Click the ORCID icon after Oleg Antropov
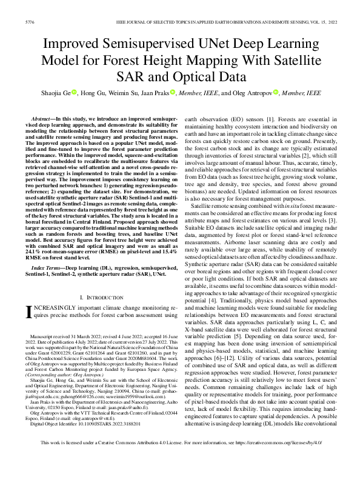click(x=275, y=92)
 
